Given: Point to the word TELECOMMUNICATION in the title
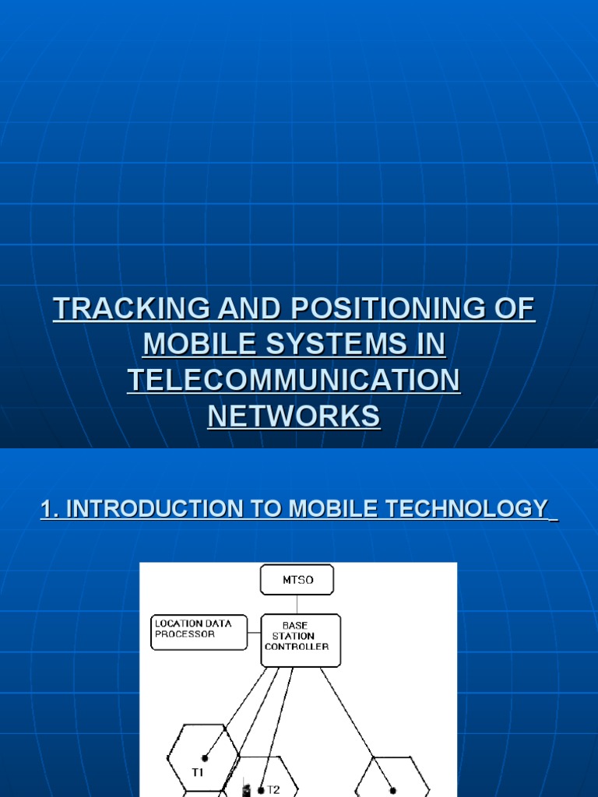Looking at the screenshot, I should [x=294, y=381].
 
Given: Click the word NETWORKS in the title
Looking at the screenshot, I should [x=294, y=416].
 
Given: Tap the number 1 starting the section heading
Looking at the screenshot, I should [x=46, y=509].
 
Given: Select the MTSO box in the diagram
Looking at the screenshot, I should [x=297, y=580].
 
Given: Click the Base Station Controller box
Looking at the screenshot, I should [x=301, y=640].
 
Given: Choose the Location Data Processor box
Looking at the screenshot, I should [x=199, y=632].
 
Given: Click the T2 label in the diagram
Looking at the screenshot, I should [x=273, y=789].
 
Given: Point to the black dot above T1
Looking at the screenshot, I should [x=205, y=758].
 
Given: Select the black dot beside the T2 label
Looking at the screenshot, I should [x=261, y=790].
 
